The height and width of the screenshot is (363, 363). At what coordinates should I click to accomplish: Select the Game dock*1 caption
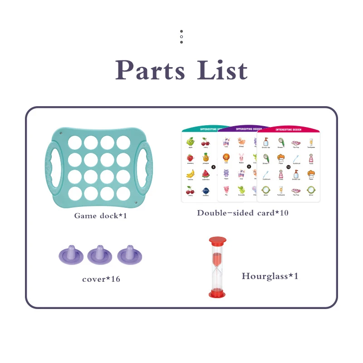[100, 216]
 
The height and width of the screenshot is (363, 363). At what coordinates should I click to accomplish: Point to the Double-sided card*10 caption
[243, 213]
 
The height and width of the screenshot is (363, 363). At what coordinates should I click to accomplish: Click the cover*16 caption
[101, 279]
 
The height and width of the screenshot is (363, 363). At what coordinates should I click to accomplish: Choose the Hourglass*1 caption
[270, 276]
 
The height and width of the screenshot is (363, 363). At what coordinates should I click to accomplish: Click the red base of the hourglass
[218, 294]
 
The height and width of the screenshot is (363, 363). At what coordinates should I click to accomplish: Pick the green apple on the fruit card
[191, 142]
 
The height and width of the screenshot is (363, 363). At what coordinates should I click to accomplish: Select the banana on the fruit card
[191, 173]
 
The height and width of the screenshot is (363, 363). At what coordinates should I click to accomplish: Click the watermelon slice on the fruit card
[206, 173]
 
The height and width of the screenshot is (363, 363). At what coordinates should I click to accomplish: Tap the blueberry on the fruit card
[206, 190]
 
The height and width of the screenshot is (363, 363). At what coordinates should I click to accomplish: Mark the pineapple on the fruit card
[206, 157]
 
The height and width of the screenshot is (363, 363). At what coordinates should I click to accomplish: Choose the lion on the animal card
[226, 157]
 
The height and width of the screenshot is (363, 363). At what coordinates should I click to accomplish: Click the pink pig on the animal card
[226, 190]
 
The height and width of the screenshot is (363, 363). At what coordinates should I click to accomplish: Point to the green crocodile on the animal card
[241, 190]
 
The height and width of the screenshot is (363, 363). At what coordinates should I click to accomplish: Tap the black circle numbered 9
[248, 167]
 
